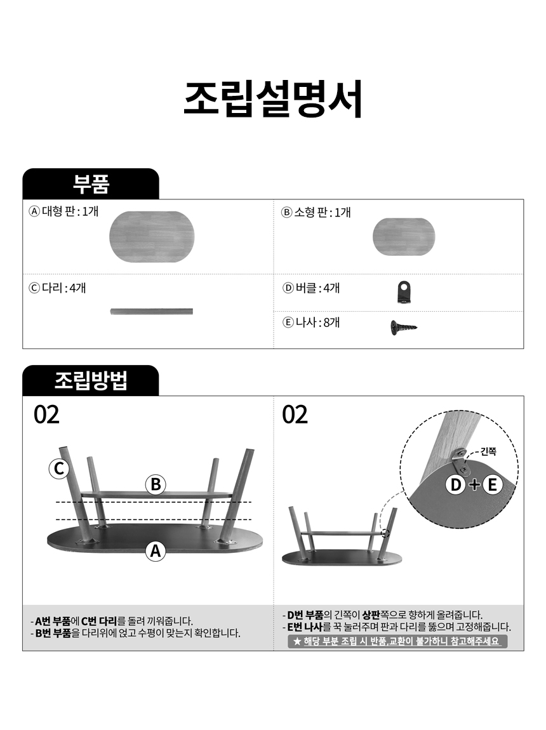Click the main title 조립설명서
(273, 98)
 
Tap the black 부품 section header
(91, 184)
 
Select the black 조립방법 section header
(91, 380)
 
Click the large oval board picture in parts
(152, 237)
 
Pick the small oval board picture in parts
(404, 237)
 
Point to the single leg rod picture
(152, 312)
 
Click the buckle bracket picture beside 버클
(404, 293)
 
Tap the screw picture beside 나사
(403, 328)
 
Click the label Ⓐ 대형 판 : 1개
(63, 211)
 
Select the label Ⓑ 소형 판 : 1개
(316, 212)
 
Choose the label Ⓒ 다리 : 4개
(57, 288)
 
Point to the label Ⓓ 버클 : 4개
(311, 288)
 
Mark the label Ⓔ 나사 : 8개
(311, 322)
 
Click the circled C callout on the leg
(59, 468)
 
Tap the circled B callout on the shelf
(156, 484)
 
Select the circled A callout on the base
(156, 551)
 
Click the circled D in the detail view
(456, 484)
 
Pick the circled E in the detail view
(492, 484)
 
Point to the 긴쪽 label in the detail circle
(488, 451)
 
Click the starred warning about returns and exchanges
(397, 641)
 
